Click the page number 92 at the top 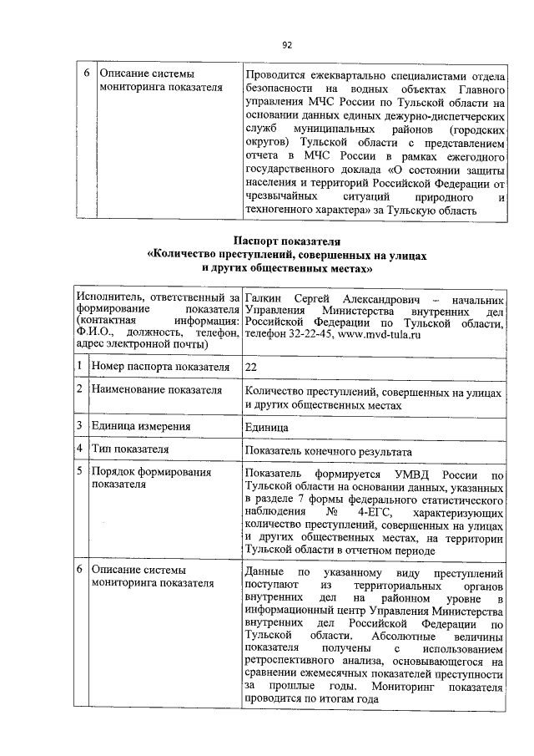286,44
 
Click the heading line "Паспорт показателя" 286,241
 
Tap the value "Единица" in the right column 266,426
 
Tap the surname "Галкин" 264,298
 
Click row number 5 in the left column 79,474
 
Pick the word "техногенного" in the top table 281,211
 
